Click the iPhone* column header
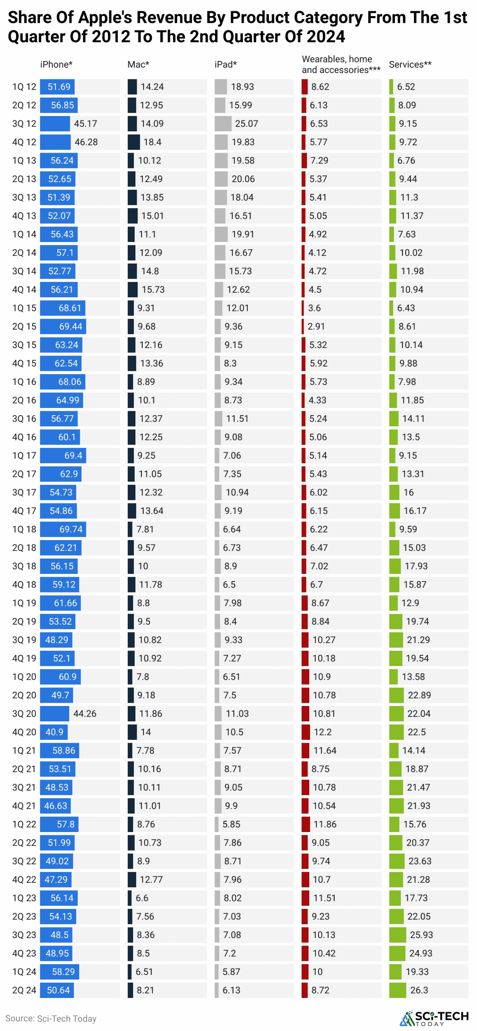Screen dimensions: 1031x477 click(56, 64)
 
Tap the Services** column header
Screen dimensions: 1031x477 click(410, 64)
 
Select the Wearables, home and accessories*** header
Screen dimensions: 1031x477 click(341, 64)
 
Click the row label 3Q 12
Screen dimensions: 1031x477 click(24, 124)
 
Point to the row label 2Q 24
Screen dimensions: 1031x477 click(24, 990)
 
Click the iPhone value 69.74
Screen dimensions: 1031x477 click(71, 529)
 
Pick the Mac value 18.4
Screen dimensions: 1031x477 click(152, 142)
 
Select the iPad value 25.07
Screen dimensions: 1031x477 click(246, 124)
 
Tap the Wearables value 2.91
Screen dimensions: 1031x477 click(316, 327)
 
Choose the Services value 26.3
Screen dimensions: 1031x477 click(419, 990)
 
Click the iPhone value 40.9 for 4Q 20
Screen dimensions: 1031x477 click(54, 732)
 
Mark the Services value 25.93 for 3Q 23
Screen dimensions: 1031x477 click(421, 935)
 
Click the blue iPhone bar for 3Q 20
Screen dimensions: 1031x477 click(54, 714)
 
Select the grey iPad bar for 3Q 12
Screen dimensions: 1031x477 click(223, 124)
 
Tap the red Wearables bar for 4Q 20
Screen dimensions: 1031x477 click(306, 732)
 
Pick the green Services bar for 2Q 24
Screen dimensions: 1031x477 click(398, 990)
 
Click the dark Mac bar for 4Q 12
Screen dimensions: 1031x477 click(133, 142)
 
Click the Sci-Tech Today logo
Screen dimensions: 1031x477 click(434, 1018)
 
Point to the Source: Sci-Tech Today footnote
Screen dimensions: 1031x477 click(51, 1019)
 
